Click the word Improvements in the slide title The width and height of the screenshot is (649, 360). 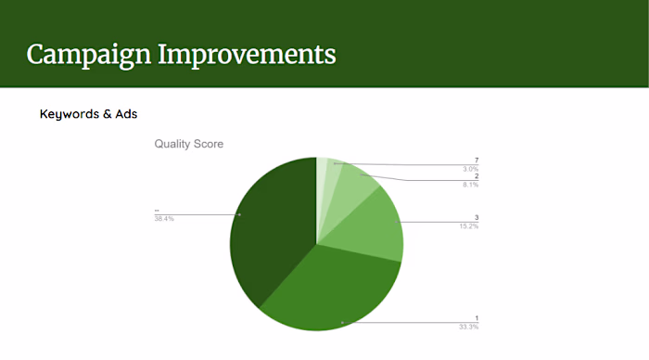[248, 54]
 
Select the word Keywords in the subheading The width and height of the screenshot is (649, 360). [68, 114]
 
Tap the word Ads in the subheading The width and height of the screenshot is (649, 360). [125, 114]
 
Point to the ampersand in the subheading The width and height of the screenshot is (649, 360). [105, 114]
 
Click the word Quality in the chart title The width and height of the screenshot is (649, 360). [173, 144]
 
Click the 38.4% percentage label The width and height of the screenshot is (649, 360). [163, 219]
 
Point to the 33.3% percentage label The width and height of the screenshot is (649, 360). [469, 328]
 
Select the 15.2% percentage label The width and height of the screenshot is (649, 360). [469, 226]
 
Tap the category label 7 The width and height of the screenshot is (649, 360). [477, 160]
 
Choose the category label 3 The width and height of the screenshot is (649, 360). [477, 218]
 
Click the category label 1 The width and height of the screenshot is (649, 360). [477, 319]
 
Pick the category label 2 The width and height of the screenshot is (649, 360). [477, 176]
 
